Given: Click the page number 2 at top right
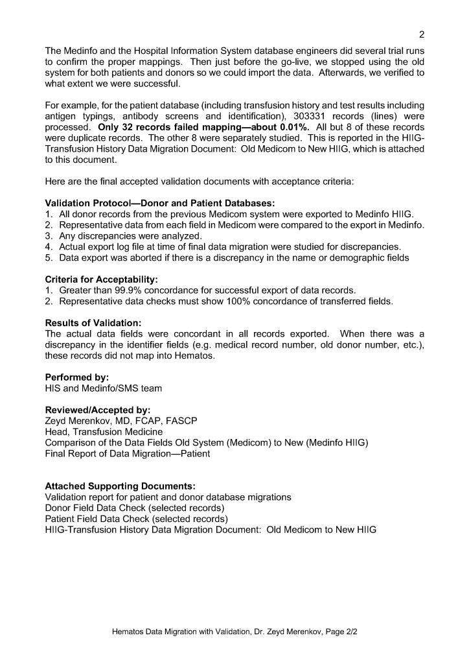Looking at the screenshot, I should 421,35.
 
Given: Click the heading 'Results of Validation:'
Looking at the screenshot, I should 93,322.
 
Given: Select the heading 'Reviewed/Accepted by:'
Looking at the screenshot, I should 97,410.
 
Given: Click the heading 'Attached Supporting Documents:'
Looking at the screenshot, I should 120,486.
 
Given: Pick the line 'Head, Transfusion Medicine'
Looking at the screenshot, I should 104,432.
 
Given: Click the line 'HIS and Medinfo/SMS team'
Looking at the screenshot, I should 104,388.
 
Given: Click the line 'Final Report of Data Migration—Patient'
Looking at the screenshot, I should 127,454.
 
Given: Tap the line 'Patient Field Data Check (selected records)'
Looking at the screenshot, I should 136,519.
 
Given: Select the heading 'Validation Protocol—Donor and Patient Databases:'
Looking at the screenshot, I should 160,203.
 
